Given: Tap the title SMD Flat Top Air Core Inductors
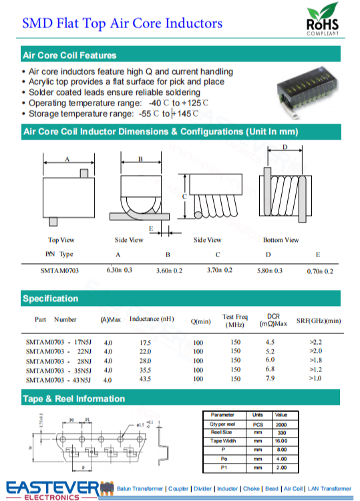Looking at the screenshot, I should (122, 23).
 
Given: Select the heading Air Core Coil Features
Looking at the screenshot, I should (69, 55).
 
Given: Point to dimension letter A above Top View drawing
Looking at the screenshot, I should (67, 159).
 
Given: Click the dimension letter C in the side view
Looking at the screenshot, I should (183, 195).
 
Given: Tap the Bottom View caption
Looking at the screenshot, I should (281, 240).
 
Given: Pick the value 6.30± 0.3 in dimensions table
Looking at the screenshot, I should (120, 270).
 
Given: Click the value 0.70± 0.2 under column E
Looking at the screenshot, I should (320, 271).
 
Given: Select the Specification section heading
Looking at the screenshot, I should (50, 299).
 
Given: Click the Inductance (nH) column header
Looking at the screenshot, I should (152, 319).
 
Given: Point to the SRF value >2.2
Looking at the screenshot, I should (316, 342).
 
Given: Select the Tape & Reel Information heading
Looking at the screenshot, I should (73, 399).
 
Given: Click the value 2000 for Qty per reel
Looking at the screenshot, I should (281, 424).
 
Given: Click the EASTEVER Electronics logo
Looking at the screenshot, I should (53, 490).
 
